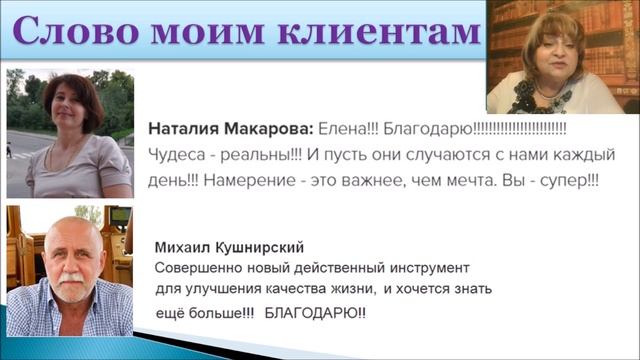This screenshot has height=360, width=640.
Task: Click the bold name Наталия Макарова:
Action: [x=230, y=130]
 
